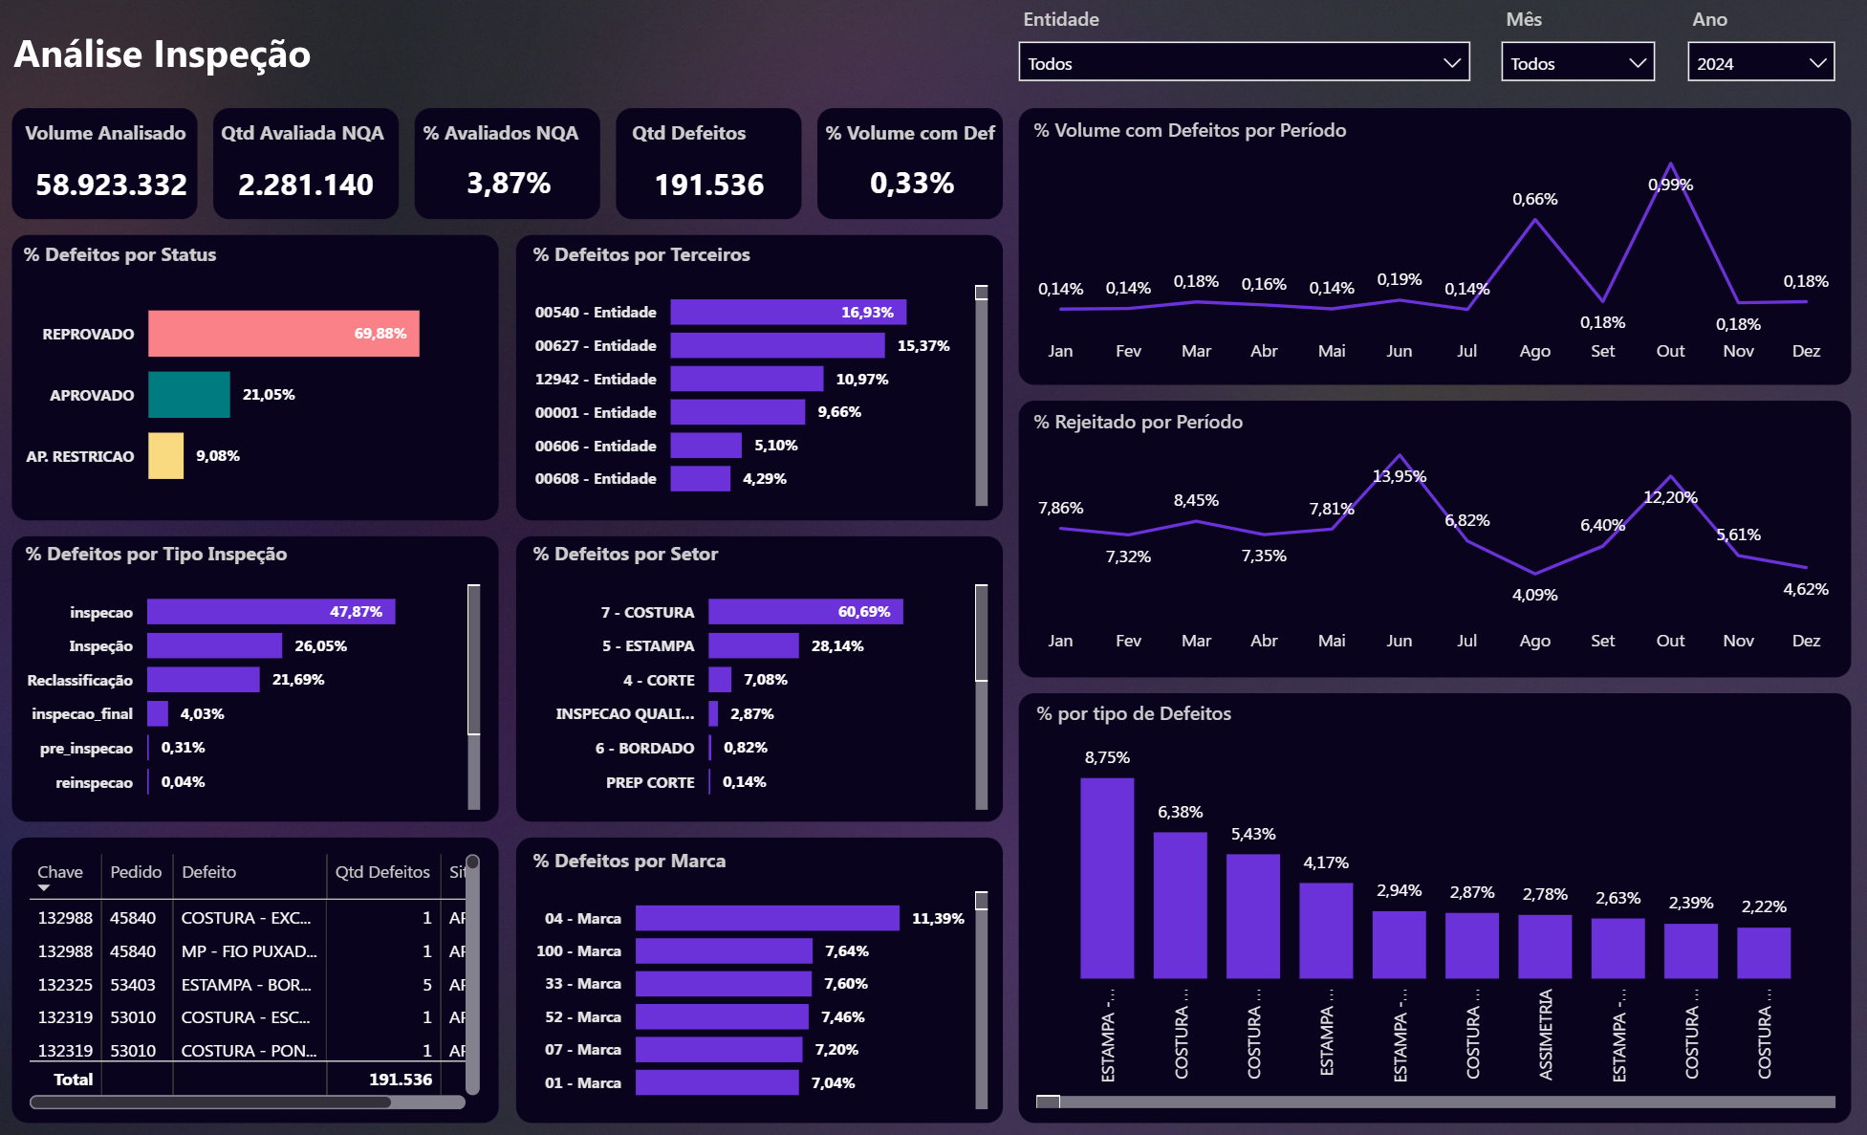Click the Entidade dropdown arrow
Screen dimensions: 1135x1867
(x=1451, y=63)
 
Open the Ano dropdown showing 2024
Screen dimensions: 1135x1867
(x=1760, y=63)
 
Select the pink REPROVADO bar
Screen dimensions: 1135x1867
(x=283, y=334)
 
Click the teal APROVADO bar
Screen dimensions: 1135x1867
(x=189, y=395)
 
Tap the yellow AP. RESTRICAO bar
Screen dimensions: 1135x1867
(x=165, y=456)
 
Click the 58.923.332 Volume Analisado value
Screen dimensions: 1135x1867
(x=111, y=185)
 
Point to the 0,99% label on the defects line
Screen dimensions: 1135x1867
(x=1670, y=185)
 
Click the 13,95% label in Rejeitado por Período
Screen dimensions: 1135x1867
(x=1399, y=476)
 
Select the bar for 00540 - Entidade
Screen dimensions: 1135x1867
(x=788, y=313)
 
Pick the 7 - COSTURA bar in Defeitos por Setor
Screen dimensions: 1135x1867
(x=805, y=612)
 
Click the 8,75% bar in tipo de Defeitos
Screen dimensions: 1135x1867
(x=1107, y=878)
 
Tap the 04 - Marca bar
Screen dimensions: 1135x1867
(x=767, y=918)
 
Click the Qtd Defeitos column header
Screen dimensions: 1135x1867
(x=382, y=872)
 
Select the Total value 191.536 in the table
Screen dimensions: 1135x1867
(x=401, y=1080)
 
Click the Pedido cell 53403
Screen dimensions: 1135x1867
(x=133, y=985)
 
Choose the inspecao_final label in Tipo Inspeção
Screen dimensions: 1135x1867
(x=82, y=714)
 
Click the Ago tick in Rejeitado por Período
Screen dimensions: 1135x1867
(x=1534, y=641)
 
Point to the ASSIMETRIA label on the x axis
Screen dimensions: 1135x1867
(x=1546, y=1035)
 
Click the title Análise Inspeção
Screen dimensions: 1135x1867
(x=163, y=55)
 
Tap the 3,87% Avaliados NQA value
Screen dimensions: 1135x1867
(x=508, y=184)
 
